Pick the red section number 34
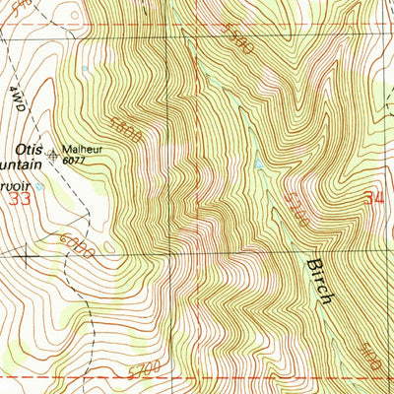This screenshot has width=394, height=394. click(x=371, y=199)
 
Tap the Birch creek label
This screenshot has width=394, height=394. click(x=317, y=281)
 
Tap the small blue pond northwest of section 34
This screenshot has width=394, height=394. click(x=259, y=164)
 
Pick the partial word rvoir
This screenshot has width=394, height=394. click(x=18, y=182)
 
